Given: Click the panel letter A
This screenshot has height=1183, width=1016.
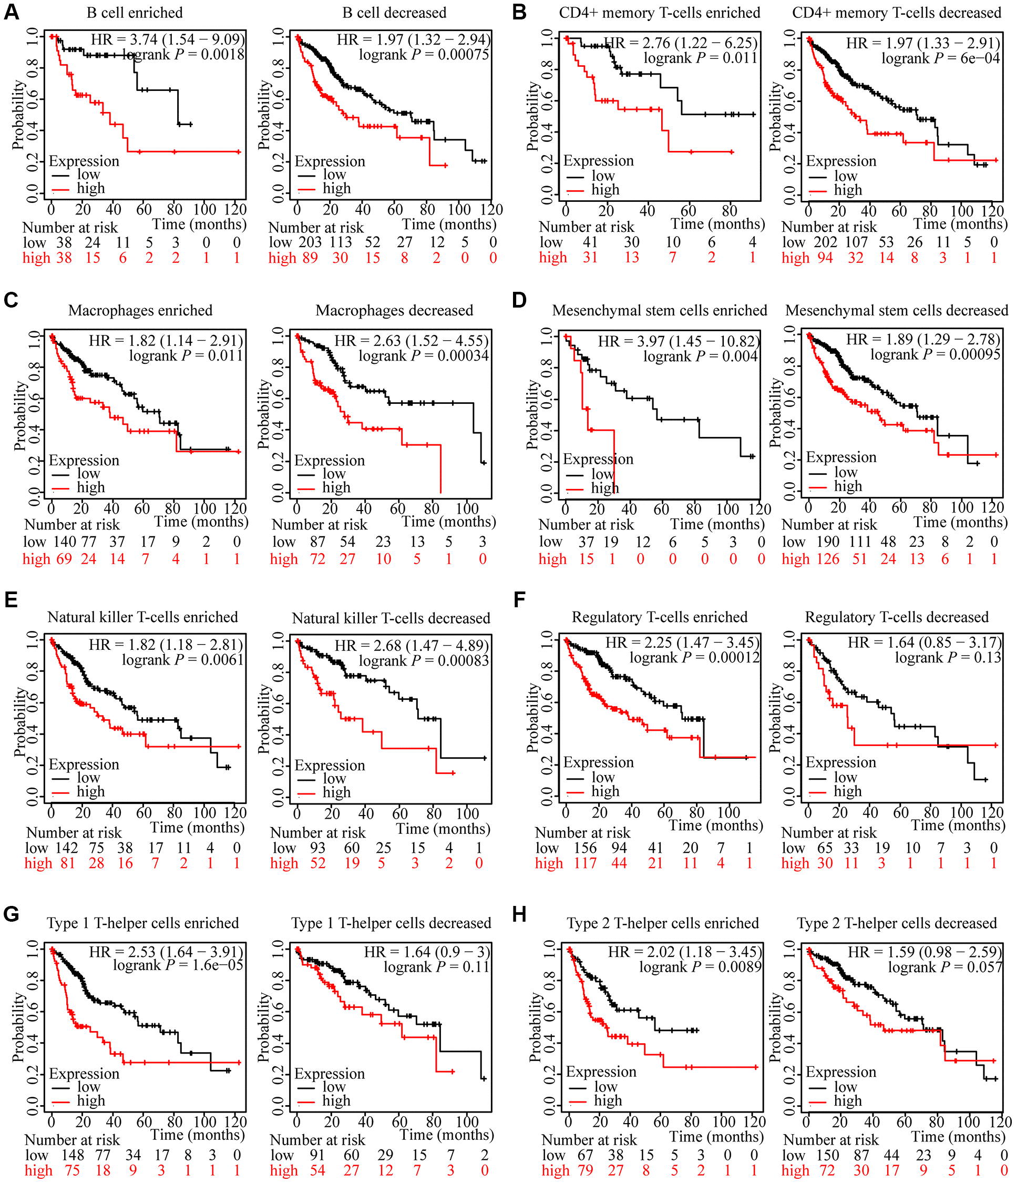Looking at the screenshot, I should (12, 12).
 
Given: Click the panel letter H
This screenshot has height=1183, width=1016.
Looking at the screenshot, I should (519, 915).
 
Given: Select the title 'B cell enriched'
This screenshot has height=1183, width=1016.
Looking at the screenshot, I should (135, 13).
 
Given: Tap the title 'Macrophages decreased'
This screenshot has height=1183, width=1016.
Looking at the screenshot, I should (394, 311).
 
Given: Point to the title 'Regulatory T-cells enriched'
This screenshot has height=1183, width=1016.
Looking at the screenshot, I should (659, 617).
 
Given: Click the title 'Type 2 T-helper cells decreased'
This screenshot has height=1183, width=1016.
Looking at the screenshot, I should (897, 923).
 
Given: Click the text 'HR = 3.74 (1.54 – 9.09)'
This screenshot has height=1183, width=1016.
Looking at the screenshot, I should (168, 39).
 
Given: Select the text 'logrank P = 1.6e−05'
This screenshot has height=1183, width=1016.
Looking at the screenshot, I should (178, 965).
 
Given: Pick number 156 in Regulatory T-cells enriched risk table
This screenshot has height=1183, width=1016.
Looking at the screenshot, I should (585, 849).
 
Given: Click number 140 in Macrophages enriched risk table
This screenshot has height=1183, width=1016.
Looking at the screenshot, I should (65, 542).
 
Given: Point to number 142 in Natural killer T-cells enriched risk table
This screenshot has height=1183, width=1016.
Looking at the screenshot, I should (67, 849).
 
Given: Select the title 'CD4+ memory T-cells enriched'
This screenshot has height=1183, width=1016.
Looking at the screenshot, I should (659, 13).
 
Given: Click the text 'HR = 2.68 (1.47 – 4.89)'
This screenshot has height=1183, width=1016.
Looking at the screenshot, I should (412, 646).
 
